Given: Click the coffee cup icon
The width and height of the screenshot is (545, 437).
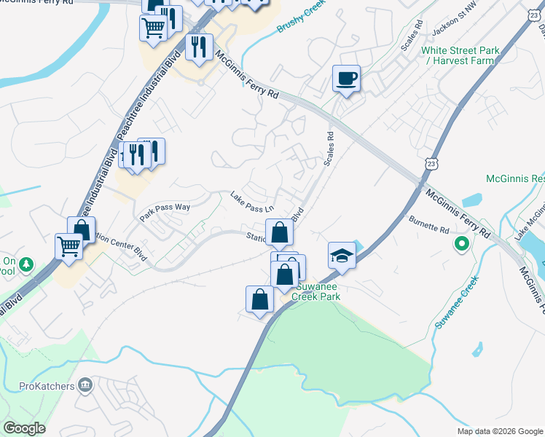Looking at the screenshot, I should pyautogui.click(x=346, y=79).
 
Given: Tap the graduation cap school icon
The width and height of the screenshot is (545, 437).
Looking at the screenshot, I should pyautogui.click(x=341, y=256).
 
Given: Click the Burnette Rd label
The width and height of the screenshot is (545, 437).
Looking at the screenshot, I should pyautogui.click(x=429, y=224).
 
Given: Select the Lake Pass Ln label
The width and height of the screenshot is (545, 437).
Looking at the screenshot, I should pyautogui.click(x=251, y=202).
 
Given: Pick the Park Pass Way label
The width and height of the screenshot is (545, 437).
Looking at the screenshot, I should pyautogui.click(x=165, y=208).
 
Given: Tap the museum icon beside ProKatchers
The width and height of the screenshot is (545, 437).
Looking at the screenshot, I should pyautogui.click(x=85, y=384).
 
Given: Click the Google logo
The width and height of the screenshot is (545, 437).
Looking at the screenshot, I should pyautogui.click(x=24, y=428).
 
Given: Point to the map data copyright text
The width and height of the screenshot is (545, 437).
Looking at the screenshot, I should pyautogui.click(x=499, y=431).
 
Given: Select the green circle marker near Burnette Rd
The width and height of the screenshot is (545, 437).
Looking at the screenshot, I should pyautogui.click(x=461, y=243).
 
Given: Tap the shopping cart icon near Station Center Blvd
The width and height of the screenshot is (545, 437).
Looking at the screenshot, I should pyautogui.click(x=68, y=247).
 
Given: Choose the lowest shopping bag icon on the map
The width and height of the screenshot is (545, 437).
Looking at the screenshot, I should pyautogui.click(x=260, y=299).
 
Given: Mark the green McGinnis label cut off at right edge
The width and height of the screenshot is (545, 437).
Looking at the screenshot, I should pyautogui.click(x=515, y=178).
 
